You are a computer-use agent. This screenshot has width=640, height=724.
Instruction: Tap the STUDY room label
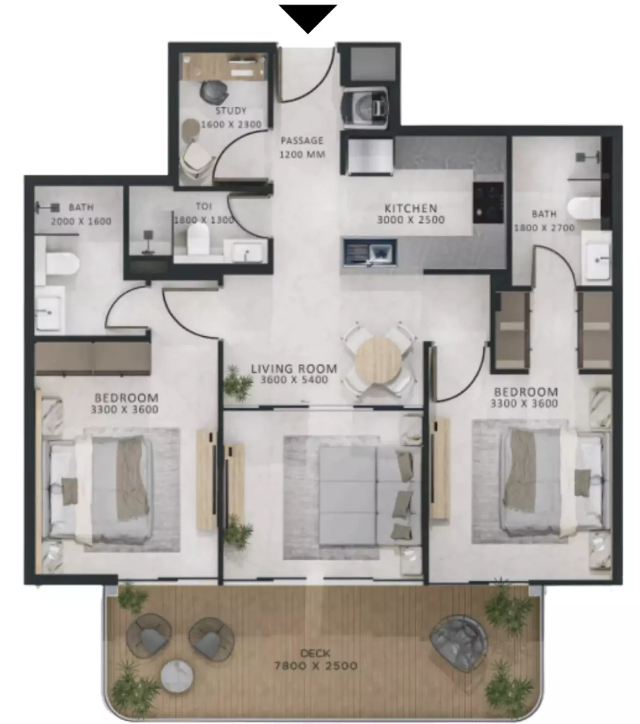pyautogui.click(x=231, y=111)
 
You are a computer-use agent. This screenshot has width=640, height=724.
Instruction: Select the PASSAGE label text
pyautogui.click(x=302, y=141)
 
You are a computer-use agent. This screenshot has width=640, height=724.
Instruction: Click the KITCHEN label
pyautogui.click(x=411, y=208)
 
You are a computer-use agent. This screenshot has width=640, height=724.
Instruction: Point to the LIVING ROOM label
pyautogui.click(x=294, y=369)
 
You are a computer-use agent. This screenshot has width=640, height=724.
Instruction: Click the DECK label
pyautogui.click(x=315, y=653)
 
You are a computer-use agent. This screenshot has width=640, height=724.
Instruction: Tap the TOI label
pyautogui.click(x=204, y=206)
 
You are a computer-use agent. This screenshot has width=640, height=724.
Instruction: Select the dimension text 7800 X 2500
pyautogui.click(x=316, y=666)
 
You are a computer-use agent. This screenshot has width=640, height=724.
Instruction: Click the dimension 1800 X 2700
pyautogui.click(x=544, y=228)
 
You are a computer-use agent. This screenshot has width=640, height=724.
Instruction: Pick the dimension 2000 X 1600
pyautogui.click(x=81, y=222)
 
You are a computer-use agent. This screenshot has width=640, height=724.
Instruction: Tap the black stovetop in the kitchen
pyautogui.click(x=488, y=203)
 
